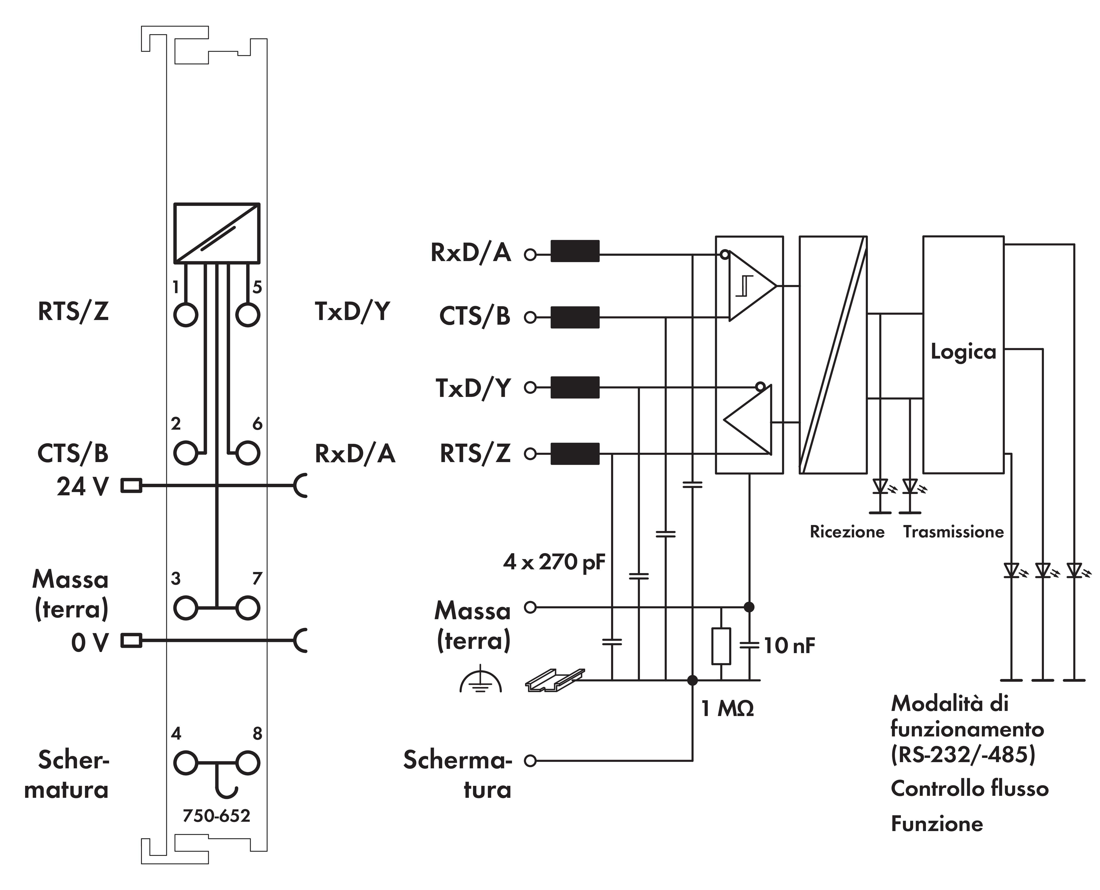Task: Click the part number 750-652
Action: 216,816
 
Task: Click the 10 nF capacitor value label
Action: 789,646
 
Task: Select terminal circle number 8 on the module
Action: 248,763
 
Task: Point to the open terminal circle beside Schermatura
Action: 530,761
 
